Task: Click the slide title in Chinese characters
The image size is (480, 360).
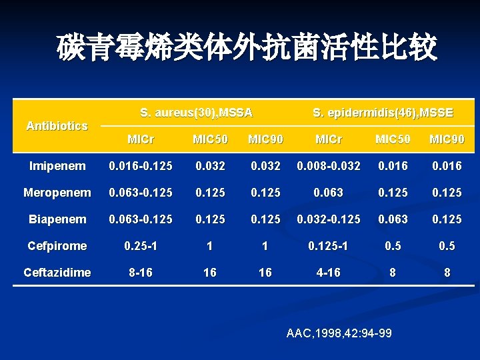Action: (247, 48)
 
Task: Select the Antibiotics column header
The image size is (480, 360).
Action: (57, 125)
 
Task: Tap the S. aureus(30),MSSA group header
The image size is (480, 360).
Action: (197, 113)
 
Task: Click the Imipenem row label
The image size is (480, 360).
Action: (57, 166)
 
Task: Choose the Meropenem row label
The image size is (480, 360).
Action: (57, 193)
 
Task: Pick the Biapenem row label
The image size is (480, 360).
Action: (57, 219)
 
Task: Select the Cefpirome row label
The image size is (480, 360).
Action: (57, 246)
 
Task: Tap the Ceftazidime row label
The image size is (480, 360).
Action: (57, 272)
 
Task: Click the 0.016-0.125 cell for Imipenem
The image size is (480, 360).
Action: (142, 166)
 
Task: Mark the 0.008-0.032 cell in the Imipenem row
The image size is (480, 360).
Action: (329, 166)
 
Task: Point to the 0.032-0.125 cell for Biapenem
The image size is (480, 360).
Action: (329, 219)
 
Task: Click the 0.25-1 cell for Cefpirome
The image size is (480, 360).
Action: (142, 246)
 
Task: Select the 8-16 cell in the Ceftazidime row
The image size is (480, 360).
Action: (142, 272)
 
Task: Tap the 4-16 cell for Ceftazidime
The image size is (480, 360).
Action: (329, 272)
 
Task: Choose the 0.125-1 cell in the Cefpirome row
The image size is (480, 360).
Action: (329, 246)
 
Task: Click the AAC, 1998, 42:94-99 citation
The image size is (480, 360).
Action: (339, 333)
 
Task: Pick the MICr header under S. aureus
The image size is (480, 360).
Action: (142, 139)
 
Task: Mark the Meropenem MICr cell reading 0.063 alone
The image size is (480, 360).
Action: (329, 193)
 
